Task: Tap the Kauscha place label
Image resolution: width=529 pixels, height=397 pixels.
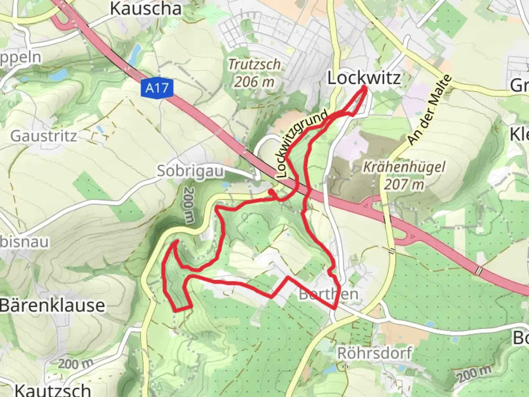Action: click(146, 9)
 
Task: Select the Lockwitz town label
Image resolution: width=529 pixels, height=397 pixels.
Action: click(364, 78)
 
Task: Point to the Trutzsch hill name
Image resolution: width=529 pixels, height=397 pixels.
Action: click(255, 64)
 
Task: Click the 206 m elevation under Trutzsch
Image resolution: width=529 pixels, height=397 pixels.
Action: click(254, 82)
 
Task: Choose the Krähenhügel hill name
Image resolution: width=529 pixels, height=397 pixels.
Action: click(404, 167)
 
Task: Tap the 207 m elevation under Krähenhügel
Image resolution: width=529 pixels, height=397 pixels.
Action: click(404, 184)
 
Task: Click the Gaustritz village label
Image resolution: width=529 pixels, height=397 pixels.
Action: click(44, 136)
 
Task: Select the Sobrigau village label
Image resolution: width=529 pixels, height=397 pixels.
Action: click(190, 171)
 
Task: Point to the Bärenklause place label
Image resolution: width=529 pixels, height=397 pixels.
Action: click(52, 305)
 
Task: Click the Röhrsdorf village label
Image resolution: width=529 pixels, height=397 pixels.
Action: click(374, 353)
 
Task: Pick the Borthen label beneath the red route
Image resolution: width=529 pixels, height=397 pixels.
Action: click(328, 294)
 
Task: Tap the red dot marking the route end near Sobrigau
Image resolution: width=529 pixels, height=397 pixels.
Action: click(271, 192)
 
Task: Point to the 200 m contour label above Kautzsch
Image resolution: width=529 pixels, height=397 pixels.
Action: click(76, 364)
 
